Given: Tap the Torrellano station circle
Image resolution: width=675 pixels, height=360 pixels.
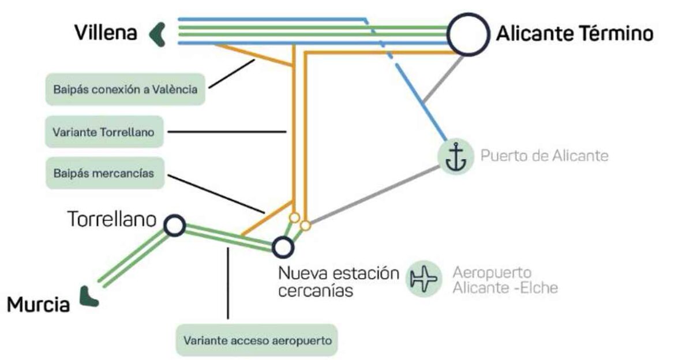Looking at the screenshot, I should [x=174, y=226].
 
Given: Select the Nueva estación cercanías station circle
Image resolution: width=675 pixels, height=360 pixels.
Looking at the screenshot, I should [x=283, y=247].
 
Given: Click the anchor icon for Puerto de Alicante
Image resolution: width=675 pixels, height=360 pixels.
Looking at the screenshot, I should [x=455, y=156].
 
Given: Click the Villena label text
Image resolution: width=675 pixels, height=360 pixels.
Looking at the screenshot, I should [x=106, y=33].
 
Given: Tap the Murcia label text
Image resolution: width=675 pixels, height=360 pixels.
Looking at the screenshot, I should [x=38, y=304].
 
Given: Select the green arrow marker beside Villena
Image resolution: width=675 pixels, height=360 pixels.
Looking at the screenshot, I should [x=157, y=33].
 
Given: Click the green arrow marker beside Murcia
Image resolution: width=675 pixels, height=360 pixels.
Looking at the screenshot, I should [x=89, y=297].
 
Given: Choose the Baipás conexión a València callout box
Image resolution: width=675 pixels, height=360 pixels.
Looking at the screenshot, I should [x=125, y=89].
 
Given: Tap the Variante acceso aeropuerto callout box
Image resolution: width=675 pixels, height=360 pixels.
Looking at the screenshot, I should [x=257, y=340].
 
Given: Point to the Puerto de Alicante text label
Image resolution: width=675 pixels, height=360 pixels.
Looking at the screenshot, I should [x=544, y=156].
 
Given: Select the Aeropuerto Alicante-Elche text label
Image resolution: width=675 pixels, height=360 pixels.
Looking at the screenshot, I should [x=505, y=280].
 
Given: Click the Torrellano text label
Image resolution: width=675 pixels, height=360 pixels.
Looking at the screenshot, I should [x=112, y=220].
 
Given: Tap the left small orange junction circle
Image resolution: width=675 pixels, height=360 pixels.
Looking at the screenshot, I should [x=294, y=217].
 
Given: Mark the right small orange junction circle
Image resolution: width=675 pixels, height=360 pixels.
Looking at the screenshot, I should [x=306, y=224].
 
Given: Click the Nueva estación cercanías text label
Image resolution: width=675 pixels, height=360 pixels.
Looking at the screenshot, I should [x=339, y=282].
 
